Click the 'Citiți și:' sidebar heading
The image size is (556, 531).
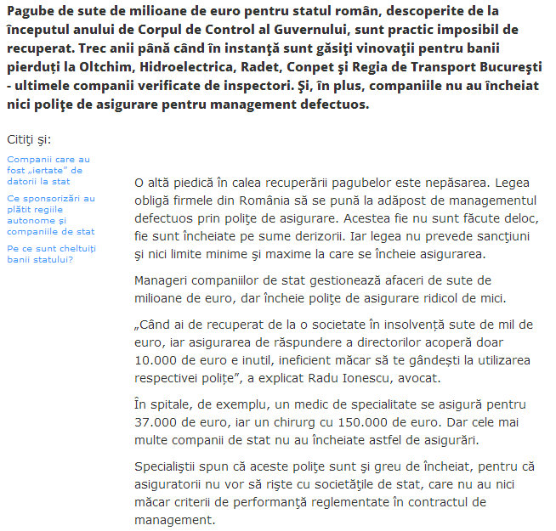(x=34, y=138)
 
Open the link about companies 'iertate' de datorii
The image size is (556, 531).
(x=48, y=170)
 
